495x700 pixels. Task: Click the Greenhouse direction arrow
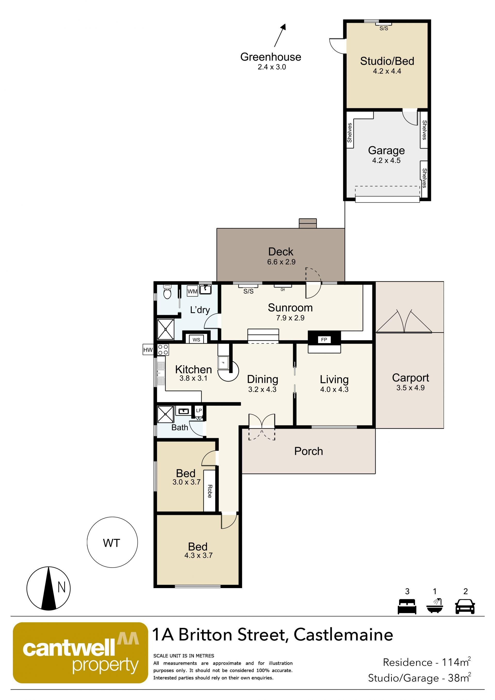[x=280, y=35]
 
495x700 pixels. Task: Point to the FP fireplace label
[x=324, y=340]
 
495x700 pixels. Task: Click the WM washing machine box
[x=192, y=291]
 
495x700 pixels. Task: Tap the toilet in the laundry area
[x=167, y=292]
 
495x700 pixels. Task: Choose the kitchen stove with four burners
[x=163, y=350]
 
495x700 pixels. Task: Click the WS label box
[x=196, y=340]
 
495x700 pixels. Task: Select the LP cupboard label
[x=199, y=410]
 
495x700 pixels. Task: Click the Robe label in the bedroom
[x=210, y=491]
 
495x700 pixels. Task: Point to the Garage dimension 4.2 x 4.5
[x=386, y=160]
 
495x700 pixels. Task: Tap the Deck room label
[x=281, y=252]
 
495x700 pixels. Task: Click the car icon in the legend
[x=465, y=607]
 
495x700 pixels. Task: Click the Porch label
[x=308, y=451]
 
